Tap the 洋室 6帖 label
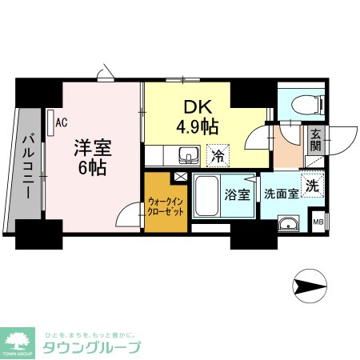(91, 157)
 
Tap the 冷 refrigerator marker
(217, 154)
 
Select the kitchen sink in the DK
(188, 154)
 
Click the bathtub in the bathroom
(207, 195)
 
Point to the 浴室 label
(238, 194)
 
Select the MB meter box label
(318, 222)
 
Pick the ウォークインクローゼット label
(165, 206)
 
